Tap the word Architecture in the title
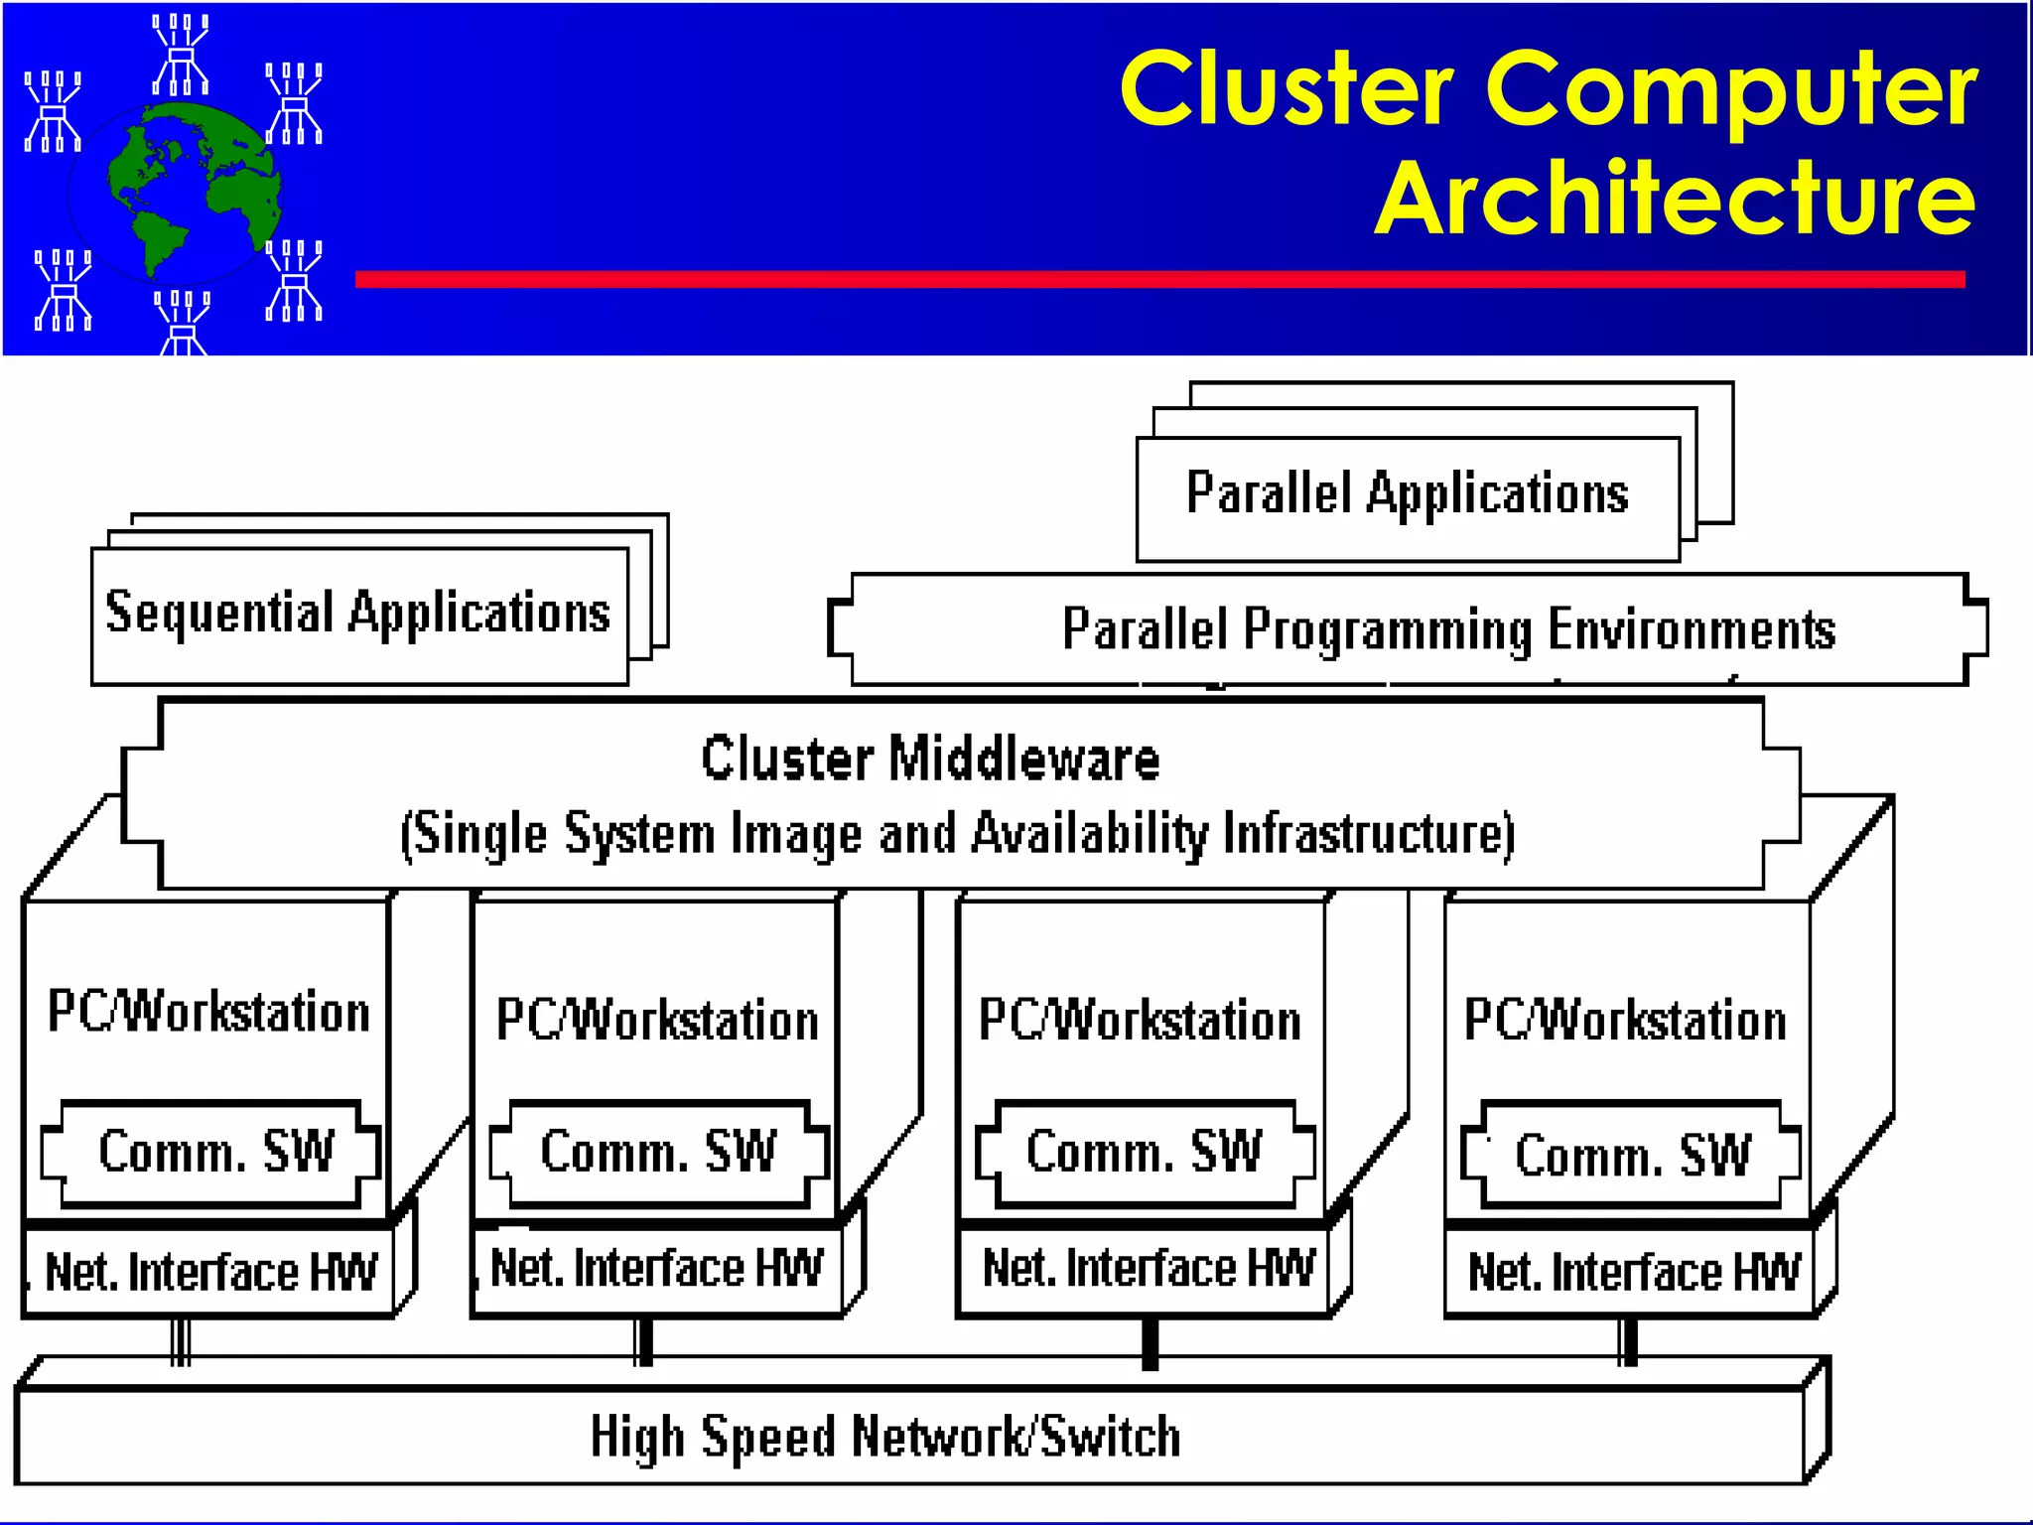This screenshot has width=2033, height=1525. tap(1676, 199)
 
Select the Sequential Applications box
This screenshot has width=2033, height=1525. tap(359, 616)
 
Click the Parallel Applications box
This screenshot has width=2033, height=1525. tap(1408, 499)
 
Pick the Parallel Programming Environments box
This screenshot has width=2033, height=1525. tap(1409, 628)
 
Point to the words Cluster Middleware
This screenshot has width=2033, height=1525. tap(930, 760)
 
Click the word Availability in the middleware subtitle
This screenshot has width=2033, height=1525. tap(1089, 834)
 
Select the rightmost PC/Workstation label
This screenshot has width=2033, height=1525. tap(1625, 1021)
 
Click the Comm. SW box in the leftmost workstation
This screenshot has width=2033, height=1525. tap(210, 1154)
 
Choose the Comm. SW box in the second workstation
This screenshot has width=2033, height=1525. tap(659, 1154)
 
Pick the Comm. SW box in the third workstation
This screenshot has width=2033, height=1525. tap(1146, 1154)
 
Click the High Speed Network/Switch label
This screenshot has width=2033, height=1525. tap(885, 1437)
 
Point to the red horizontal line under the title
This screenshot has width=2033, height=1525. tap(1160, 279)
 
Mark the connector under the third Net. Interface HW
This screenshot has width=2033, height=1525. tap(1151, 1343)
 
